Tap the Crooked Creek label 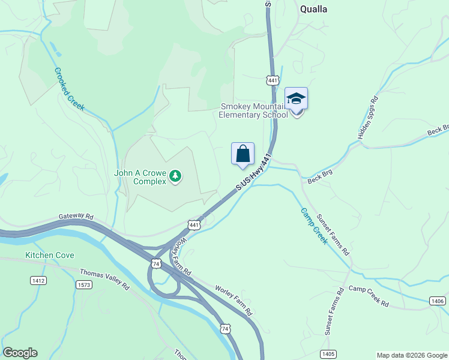pyautogui.click(x=70, y=89)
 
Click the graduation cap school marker pyautogui.click(x=296, y=98)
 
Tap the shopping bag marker pyautogui.click(x=243, y=154)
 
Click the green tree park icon pyautogui.click(x=175, y=176)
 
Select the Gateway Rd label pyautogui.click(x=76, y=216)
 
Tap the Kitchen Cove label pyautogui.click(x=50, y=255)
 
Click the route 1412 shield pyautogui.click(x=38, y=280)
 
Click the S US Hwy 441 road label pyautogui.click(x=254, y=173)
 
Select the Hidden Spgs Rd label pyautogui.click(x=367, y=118)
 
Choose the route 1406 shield pyautogui.click(x=438, y=301)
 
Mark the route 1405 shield pyautogui.click(x=328, y=354)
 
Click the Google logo pyautogui.click(x=20, y=353)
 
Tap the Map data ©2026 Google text pyautogui.click(x=412, y=355)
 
